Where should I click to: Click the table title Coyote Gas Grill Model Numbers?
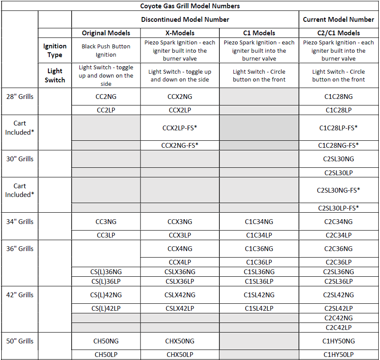[190, 6]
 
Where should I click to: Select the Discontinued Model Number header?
[185, 19]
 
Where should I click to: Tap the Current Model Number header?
[339, 19]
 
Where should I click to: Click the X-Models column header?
[180, 33]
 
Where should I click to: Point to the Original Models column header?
[106, 33]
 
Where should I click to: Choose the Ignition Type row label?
[55, 51]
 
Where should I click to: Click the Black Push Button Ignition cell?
[106, 51]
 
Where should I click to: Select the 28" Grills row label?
[20, 97]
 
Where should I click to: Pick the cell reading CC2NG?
[106, 97]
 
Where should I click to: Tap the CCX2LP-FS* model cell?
[180, 128]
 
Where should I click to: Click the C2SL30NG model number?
[339, 159]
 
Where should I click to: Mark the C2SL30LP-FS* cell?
[339, 208]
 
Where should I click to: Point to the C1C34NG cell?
[259, 222]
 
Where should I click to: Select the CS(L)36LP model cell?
[106, 282]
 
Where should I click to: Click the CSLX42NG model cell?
[180, 295]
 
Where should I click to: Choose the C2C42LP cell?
[339, 327]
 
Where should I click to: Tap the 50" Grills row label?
[20, 341]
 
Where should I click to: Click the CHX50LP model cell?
[180, 355]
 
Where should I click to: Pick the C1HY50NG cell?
[339, 341]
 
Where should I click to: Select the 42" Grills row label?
[20, 295]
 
